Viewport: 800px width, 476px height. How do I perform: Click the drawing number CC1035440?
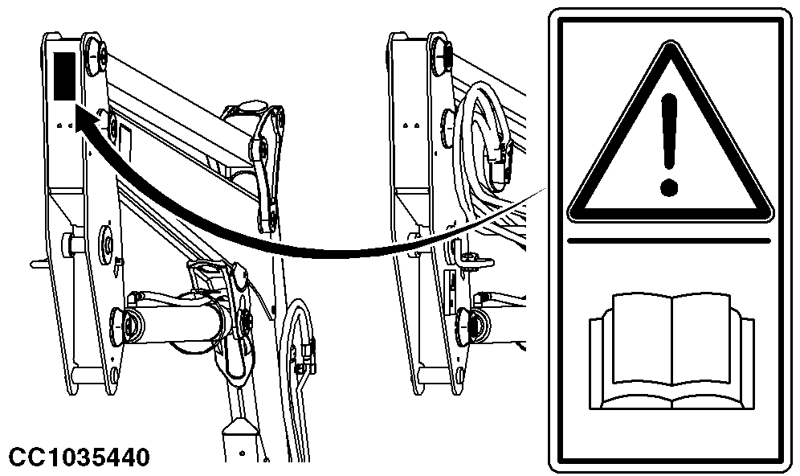[80, 457]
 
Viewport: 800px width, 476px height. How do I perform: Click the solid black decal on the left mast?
[64, 76]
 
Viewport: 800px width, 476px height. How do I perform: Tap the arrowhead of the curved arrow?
[87, 117]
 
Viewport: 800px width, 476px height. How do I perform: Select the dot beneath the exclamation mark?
[668, 187]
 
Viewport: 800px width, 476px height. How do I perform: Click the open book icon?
[671, 351]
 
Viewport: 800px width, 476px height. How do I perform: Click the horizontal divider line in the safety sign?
[669, 240]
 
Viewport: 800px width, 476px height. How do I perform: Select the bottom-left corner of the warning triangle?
[570, 216]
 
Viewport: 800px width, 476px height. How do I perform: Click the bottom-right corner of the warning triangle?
[770, 216]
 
